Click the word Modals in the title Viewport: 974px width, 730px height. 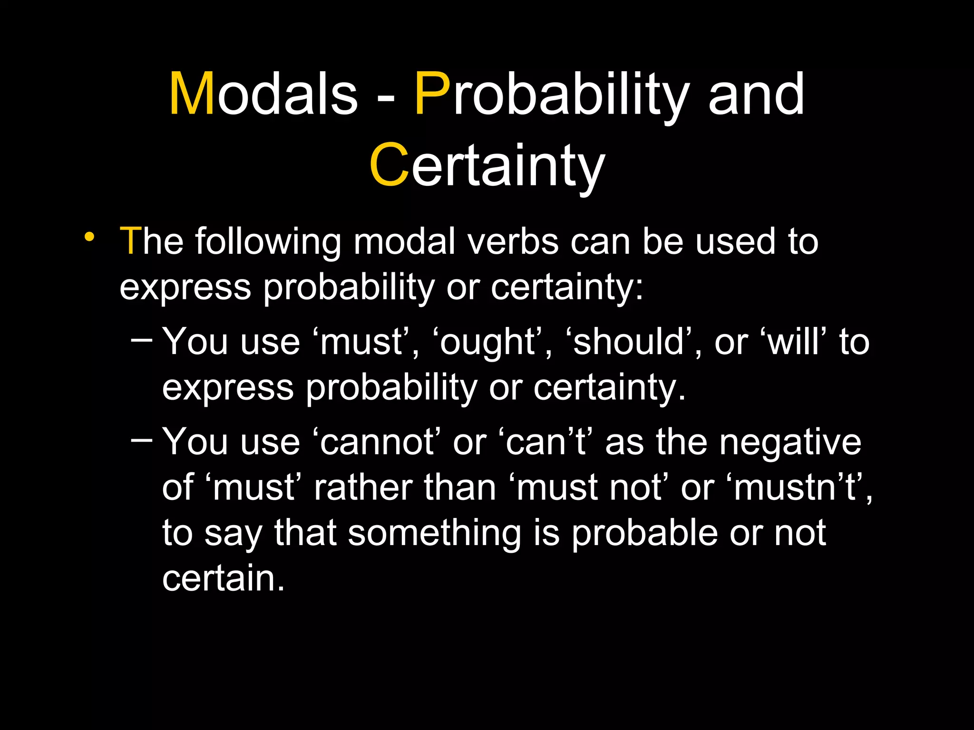263,94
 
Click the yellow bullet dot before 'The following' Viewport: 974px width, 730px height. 88,236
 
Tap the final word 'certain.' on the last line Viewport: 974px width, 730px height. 223,578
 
